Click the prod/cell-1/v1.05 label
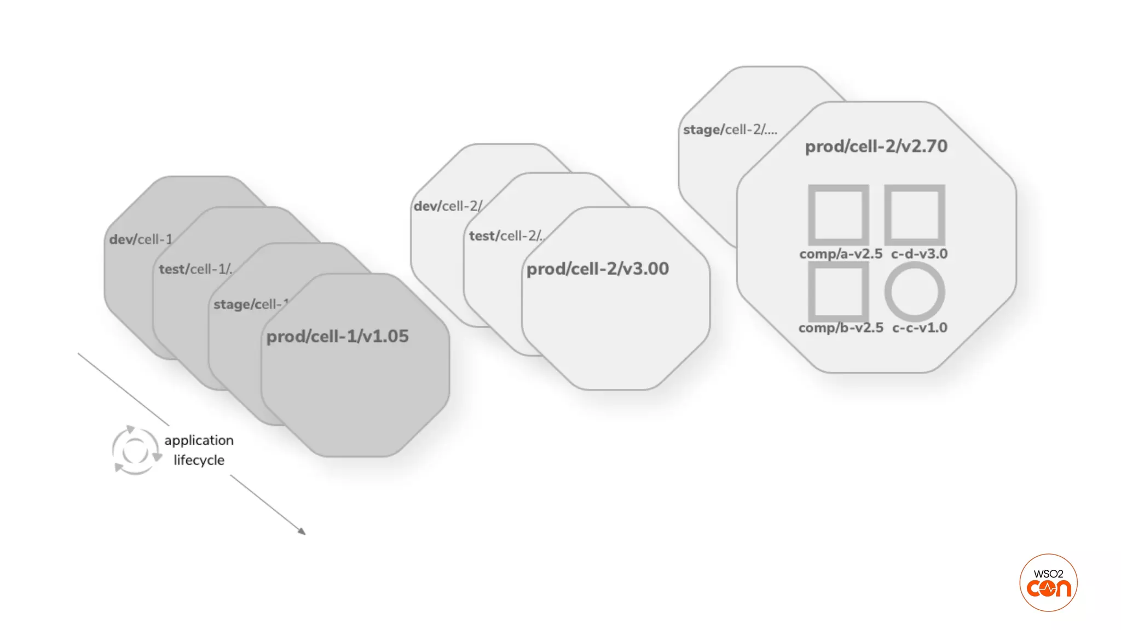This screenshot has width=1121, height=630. [337, 336]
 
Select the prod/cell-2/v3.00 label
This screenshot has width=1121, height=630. [597, 269]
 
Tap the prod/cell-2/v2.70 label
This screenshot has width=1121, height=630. [876, 147]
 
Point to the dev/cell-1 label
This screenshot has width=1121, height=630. [141, 240]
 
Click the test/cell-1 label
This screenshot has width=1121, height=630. [195, 269]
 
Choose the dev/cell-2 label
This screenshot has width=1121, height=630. [447, 206]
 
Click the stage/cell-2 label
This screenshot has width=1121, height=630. [730, 130]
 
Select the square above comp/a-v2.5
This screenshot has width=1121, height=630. [839, 215]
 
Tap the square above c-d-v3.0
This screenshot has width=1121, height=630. [915, 215]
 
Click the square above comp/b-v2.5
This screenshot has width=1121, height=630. [839, 291]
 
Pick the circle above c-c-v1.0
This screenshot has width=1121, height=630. [915, 291]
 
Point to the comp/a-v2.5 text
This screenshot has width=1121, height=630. [841, 254]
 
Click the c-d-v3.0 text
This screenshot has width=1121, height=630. [919, 254]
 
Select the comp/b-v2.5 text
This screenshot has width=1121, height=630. [841, 328]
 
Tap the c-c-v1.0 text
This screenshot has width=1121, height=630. [920, 328]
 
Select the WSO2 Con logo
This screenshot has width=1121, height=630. [1048, 582]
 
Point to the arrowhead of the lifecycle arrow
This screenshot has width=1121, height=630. [302, 532]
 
